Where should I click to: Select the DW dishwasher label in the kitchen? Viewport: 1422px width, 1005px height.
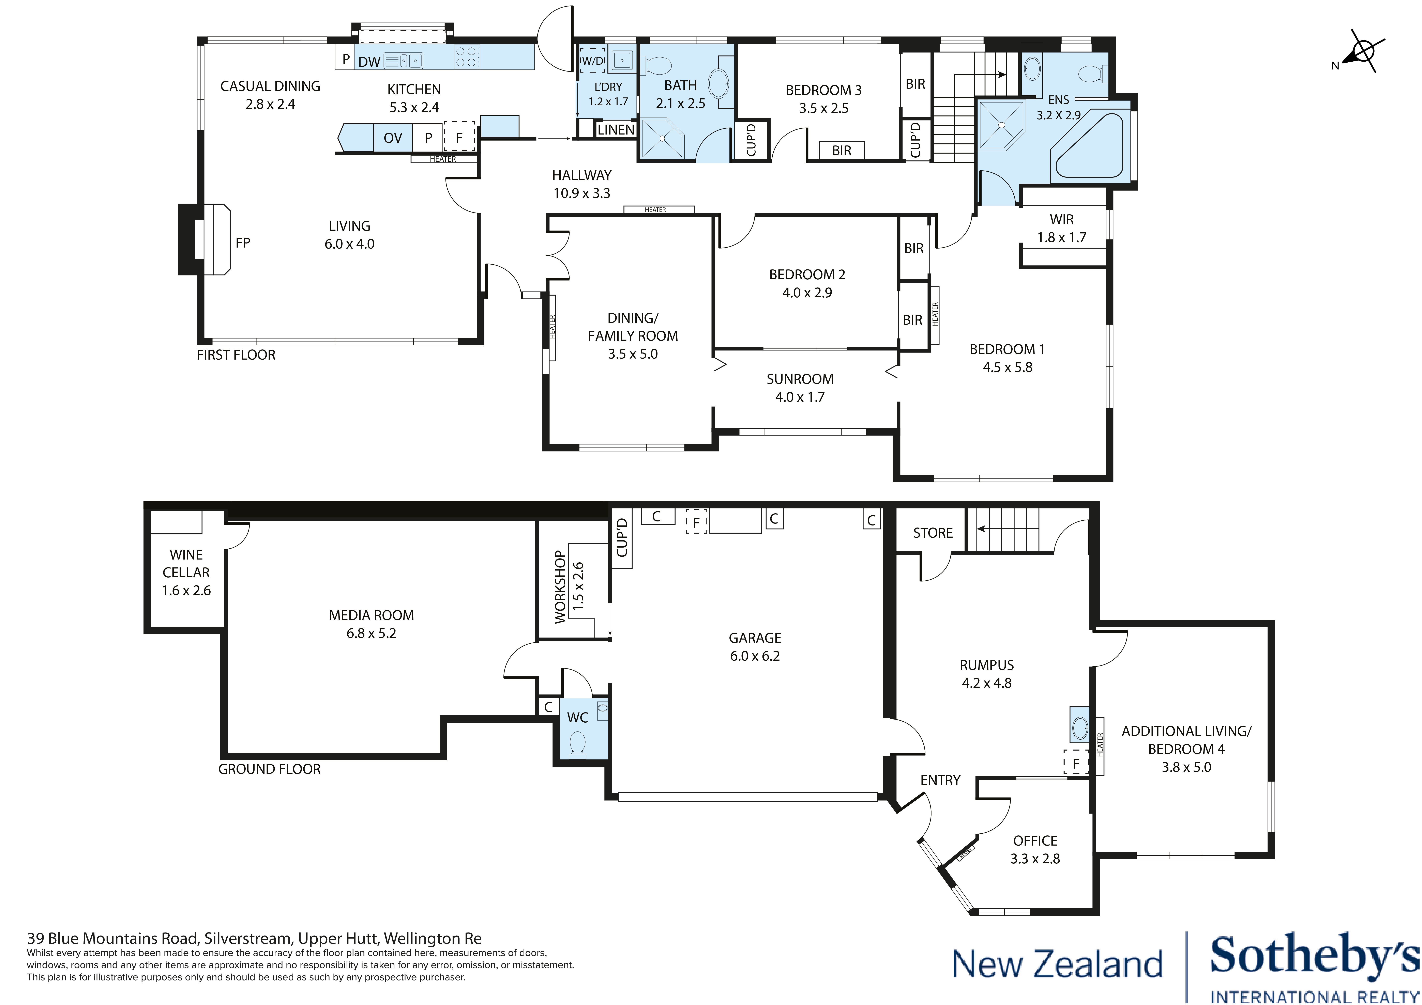pos(369,61)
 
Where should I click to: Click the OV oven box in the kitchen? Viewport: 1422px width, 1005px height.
pos(393,138)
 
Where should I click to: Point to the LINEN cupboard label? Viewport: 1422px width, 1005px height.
pos(616,129)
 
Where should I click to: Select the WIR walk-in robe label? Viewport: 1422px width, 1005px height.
pos(1062,219)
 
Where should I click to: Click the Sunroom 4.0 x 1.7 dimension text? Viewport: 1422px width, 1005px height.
pos(800,397)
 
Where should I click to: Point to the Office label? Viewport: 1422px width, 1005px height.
pos(1035,840)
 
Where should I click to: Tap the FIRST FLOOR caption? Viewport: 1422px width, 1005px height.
pos(236,355)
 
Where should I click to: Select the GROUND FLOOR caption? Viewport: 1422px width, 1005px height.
pos(269,769)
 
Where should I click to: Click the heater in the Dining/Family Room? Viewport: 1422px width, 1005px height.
pos(551,327)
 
